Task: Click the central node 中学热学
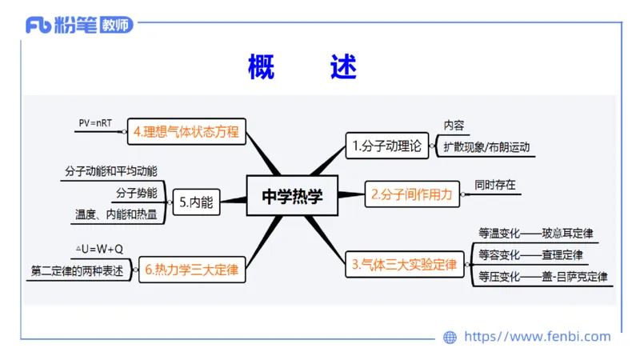tap(293, 195)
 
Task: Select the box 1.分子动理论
tap(386, 146)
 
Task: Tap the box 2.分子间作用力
tap(413, 194)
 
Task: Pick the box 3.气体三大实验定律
tap(405, 264)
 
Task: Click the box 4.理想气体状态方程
tap(186, 131)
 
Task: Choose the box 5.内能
tap(196, 202)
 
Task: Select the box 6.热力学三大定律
tap(192, 270)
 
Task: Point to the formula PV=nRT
tap(95, 123)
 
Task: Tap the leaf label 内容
tap(454, 126)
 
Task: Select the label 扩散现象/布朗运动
tap(486, 148)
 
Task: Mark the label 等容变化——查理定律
tap(530, 255)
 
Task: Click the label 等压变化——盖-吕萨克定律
tap(542, 277)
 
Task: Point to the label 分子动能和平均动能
tap(110, 171)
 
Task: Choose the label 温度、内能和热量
tap(116, 214)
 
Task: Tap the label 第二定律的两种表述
tap(78, 270)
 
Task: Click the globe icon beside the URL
tap(450, 337)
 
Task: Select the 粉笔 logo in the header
tap(79, 26)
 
